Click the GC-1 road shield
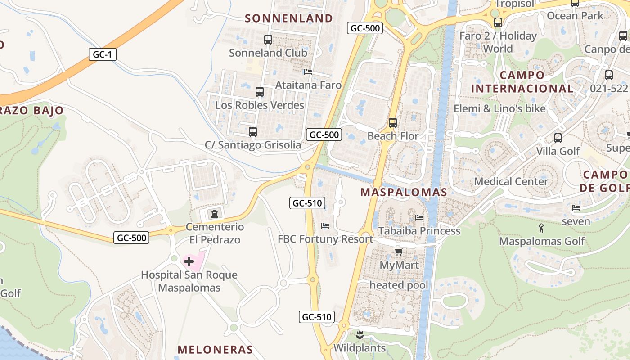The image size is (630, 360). (x=103, y=55)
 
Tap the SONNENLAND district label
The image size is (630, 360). (x=289, y=18)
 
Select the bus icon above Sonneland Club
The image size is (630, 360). (x=268, y=40)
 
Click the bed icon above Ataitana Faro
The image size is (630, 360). (x=308, y=72)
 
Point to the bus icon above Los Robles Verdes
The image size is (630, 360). (x=260, y=92)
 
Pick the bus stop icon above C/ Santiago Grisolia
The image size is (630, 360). (x=253, y=132)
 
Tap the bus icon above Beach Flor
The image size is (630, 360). (x=393, y=122)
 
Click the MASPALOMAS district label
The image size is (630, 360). (x=404, y=193)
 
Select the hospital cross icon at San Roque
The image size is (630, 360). (x=189, y=261)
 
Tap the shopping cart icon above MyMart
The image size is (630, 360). (x=399, y=252)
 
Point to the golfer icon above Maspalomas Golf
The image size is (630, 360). (x=541, y=229)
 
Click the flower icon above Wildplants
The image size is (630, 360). (x=360, y=335)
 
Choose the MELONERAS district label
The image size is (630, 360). (x=215, y=350)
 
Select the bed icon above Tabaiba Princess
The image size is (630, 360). (x=419, y=217)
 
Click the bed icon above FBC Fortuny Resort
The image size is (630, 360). (x=325, y=225)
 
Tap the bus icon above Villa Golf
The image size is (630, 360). (x=558, y=138)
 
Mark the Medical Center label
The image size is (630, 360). (x=511, y=182)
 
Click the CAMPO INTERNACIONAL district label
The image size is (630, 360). (x=522, y=81)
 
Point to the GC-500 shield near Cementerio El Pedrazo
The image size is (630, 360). (x=131, y=238)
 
